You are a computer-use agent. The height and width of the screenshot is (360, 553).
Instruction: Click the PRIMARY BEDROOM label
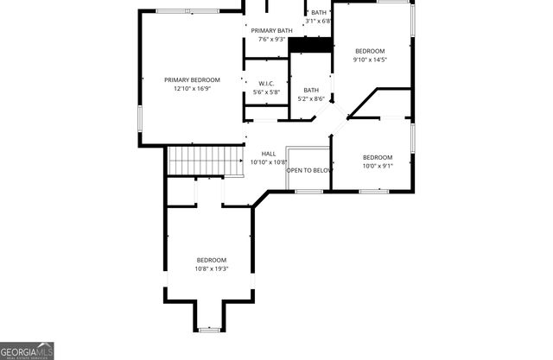[x=192, y=79]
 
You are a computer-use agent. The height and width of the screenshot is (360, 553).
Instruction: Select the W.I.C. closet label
[x=266, y=83]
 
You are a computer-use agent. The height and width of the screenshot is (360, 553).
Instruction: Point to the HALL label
[x=268, y=154]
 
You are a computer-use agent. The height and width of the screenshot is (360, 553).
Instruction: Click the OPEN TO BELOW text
[x=309, y=170]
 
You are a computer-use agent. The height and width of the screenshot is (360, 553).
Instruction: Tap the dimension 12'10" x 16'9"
[x=192, y=88]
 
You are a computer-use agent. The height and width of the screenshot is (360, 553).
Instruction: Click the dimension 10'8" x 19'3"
[x=211, y=268]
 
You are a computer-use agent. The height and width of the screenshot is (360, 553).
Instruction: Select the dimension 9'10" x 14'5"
[x=370, y=60]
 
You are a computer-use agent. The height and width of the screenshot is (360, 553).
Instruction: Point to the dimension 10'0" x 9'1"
[x=377, y=166]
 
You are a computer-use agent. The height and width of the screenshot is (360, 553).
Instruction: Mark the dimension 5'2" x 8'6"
[x=311, y=98]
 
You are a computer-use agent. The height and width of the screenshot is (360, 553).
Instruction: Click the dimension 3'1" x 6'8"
[x=319, y=21]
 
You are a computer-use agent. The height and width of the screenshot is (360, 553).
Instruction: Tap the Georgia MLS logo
[x=28, y=350]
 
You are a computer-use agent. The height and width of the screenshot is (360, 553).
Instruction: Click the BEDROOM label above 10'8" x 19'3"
[x=211, y=260]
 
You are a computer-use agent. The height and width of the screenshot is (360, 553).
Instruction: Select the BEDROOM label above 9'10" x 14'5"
[x=370, y=51]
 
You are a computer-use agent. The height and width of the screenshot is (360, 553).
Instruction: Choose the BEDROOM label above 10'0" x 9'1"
[x=377, y=157]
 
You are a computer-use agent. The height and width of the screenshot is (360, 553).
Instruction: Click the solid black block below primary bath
[x=310, y=45]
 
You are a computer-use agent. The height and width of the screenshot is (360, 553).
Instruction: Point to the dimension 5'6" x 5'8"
[x=266, y=92]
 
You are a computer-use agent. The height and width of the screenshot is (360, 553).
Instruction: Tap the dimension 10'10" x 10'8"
[x=268, y=162]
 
